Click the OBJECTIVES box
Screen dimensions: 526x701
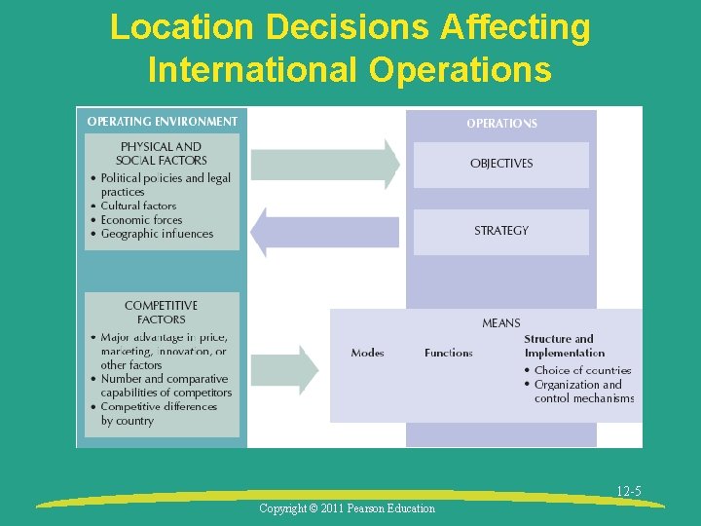coord(501,164)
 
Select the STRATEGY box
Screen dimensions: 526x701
coord(501,231)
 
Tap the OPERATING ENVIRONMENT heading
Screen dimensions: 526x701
coord(162,122)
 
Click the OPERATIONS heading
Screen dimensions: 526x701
coord(501,124)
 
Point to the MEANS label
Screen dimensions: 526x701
coord(501,322)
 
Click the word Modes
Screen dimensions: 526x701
coord(367,353)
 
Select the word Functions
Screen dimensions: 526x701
coord(448,353)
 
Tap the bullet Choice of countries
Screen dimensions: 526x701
coord(582,370)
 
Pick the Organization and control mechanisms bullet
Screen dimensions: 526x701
coord(583,391)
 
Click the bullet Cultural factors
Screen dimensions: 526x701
coord(138,206)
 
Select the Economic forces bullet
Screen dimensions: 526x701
coord(141,219)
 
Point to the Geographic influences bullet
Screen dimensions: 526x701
coord(157,234)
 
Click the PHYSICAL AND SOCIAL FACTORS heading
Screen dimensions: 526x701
coord(162,153)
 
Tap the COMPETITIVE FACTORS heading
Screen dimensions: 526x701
coord(162,312)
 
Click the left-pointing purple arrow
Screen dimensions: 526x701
coord(324,232)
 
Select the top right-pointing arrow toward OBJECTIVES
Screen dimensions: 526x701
coord(325,164)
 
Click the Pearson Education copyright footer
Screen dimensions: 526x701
coord(348,508)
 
